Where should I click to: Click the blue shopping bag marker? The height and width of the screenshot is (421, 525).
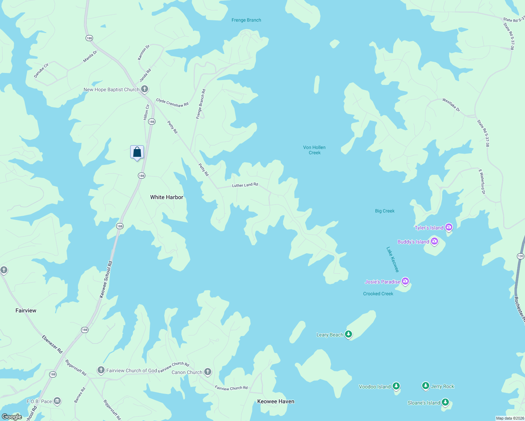tap(137, 152)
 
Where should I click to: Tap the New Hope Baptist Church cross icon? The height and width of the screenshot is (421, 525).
tap(145, 89)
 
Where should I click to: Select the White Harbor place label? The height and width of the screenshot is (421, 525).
tap(167, 197)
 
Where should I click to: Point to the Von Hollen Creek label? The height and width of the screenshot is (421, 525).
tap(314, 150)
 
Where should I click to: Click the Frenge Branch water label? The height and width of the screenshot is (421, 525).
tap(246, 20)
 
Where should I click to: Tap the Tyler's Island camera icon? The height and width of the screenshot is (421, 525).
tap(449, 227)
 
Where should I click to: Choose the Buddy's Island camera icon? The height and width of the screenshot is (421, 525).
tap(434, 241)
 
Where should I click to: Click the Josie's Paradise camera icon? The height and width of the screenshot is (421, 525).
tap(405, 281)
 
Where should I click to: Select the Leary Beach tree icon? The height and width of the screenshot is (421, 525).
tap(348, 334)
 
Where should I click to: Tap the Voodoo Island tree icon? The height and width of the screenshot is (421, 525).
tap(396, 386)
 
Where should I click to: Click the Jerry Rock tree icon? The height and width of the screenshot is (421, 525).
tap(426, 386)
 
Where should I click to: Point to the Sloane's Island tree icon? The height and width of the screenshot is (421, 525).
tap(445, 402)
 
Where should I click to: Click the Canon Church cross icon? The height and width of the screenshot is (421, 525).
tap(208, 372)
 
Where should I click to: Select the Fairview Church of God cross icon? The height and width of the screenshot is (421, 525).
tap(101, 370)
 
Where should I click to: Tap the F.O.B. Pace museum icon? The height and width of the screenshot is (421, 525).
tap(57, 401)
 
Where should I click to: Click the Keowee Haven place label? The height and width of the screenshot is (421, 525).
tap(276, 401)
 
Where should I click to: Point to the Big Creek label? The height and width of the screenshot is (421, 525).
tap(385, 211)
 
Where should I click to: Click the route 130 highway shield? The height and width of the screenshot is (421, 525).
tap(520, 256)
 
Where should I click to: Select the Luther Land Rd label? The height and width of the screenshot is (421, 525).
tap(245, 185)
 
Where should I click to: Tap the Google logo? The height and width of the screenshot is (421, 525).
tap(12, 416)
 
